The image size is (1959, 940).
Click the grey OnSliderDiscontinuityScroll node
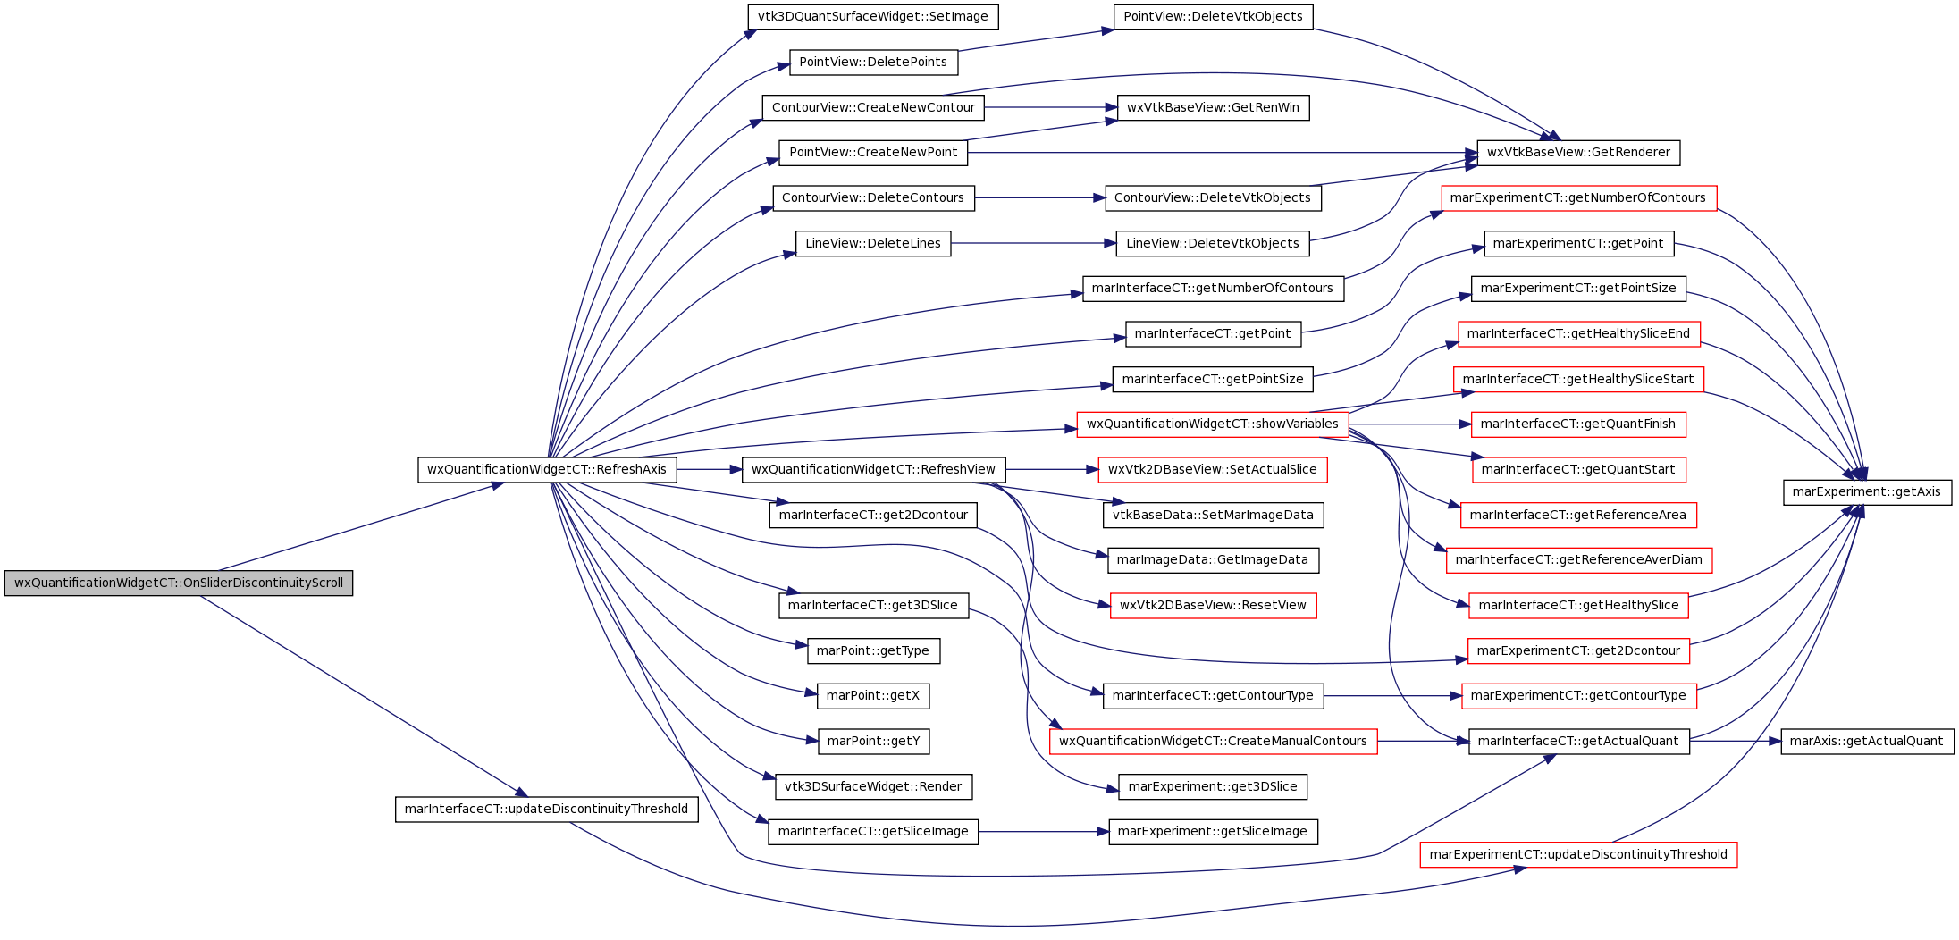click(x=179, y=583)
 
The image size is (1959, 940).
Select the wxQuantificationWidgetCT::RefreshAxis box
click(x=547, y=469)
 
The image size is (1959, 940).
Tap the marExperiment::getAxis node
click(x=1867, y=491)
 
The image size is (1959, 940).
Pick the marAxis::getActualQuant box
click(x=1867, y=741)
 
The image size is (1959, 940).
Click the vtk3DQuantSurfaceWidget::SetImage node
click(x=873, y=17)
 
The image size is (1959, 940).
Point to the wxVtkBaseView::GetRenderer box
click(x=1578, y=153)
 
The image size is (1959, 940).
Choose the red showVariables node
click(x=1213, y=424)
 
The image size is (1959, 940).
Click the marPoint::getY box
click(x=873, y=741)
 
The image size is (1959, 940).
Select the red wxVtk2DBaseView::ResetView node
click(x=1213, y=605)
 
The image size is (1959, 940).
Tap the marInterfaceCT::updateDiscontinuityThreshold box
click(x=547, y=810)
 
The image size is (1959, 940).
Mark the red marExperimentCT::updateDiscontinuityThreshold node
click(x=1578, y=854)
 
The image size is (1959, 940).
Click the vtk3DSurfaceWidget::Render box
click(x=873, y=786)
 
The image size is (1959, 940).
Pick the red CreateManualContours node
click(x=1213, y=741)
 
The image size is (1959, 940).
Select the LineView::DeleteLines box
click(x=873, y=243)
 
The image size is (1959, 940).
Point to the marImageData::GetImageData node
click(x=1213, y=560)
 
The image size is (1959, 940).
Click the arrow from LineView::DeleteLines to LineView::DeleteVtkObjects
click(x=1034, y=243)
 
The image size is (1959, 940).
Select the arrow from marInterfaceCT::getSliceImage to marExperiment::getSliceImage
click(x=1044, y=832)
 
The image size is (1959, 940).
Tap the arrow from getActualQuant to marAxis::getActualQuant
click(x=1736, y=741)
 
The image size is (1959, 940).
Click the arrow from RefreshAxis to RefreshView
click(x=710, y=469)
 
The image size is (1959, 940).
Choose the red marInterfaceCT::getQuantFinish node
click(x=1578, y=424)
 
